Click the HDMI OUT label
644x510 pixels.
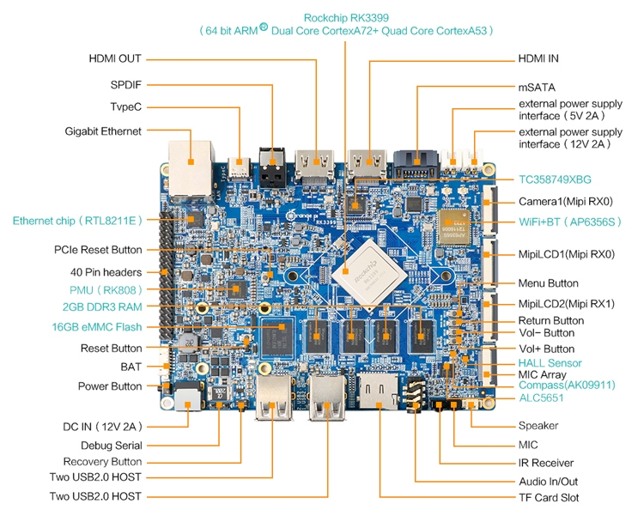[x=115, y=58]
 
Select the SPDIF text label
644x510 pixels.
[x=125, y=85]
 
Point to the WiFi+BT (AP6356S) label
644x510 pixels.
[x=570, y=222]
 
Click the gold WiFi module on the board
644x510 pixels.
[x=454, y=228]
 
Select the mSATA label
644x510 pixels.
[x=537, y=88]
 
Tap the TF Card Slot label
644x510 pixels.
[x=549, y=498]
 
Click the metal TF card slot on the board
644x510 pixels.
[x=379, y=392]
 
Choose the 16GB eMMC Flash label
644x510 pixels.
[x=97, y=327]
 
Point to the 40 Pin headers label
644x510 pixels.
[x=106, y=272]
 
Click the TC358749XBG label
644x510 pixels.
[x=555, y=179]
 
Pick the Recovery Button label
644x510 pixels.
[x=102, y=462]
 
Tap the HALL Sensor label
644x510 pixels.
[x=550, y=363]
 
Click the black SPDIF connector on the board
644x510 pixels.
[x=272, y=167]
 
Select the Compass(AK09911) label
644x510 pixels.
[x=568, y=386]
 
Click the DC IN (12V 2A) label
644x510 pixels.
[x=102, y=427]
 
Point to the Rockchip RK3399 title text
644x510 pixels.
[x=346, y=18]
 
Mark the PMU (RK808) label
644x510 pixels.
[x=106, y=290]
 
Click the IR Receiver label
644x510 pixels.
[x=546, y=463]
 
